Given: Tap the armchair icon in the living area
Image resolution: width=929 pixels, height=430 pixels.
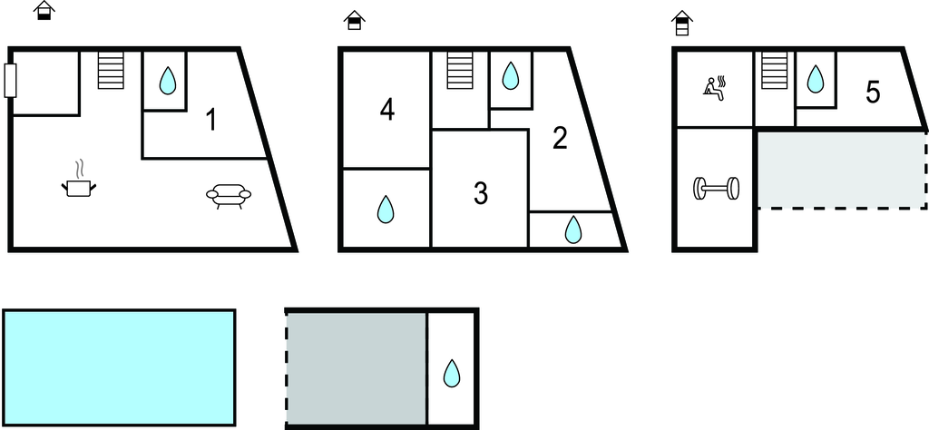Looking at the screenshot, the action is pos(229,196).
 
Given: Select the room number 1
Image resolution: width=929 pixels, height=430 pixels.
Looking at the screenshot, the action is pos(210,120).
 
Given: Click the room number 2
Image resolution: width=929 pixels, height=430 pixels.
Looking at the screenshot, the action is pos(559,138).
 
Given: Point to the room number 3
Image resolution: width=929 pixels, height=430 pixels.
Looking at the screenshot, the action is pos(481,193).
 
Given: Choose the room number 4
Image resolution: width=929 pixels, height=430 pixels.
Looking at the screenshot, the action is pos(386,110).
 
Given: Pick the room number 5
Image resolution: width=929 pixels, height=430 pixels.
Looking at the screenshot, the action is pos(873,93).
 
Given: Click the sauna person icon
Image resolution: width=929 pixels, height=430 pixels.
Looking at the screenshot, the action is pos(715,89).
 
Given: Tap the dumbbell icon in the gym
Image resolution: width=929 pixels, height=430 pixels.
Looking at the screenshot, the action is pos(716,189).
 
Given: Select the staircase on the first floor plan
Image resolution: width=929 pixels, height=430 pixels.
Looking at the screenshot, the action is pos(111,70).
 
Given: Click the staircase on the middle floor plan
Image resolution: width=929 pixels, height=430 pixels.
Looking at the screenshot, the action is pos(460,70).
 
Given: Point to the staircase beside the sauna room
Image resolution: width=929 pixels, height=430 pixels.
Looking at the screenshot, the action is pos(774,70).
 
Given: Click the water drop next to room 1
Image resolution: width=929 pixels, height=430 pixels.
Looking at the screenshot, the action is pos(168,81).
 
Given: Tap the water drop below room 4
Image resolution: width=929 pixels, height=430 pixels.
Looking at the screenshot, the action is pos(386,209).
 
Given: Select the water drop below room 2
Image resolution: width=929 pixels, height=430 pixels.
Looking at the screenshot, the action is pos(573,230).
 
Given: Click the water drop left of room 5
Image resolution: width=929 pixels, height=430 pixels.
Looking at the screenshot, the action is pos(816,78).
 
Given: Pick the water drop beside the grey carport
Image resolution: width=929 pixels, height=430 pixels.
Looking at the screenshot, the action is pos(452,373).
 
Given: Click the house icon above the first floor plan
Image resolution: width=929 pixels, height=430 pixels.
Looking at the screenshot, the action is pos(44,10).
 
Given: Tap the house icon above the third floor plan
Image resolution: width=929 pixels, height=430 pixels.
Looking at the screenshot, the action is pos(682,23).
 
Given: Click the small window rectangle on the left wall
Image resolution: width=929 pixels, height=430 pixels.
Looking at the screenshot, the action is pos(10,81).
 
